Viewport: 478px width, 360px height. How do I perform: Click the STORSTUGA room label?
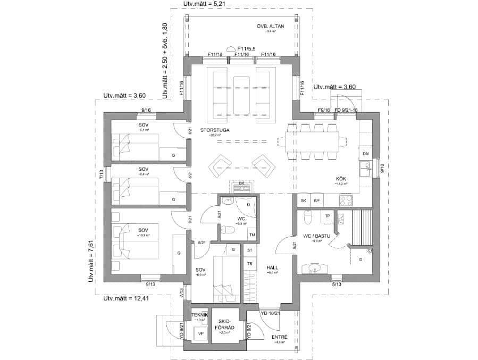[211, 130]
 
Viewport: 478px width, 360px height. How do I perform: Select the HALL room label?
[273, 268]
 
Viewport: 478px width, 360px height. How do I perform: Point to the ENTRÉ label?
[279, 337]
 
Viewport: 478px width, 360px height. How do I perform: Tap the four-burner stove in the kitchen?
[346, 200]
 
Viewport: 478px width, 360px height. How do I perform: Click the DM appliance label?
[365, 154]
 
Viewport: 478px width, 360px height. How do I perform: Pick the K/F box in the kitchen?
[317, 200]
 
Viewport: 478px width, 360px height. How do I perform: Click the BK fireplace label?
[241, 183]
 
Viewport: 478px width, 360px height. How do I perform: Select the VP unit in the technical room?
[201, 333]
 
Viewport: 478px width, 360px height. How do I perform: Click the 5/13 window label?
[336, 284]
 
